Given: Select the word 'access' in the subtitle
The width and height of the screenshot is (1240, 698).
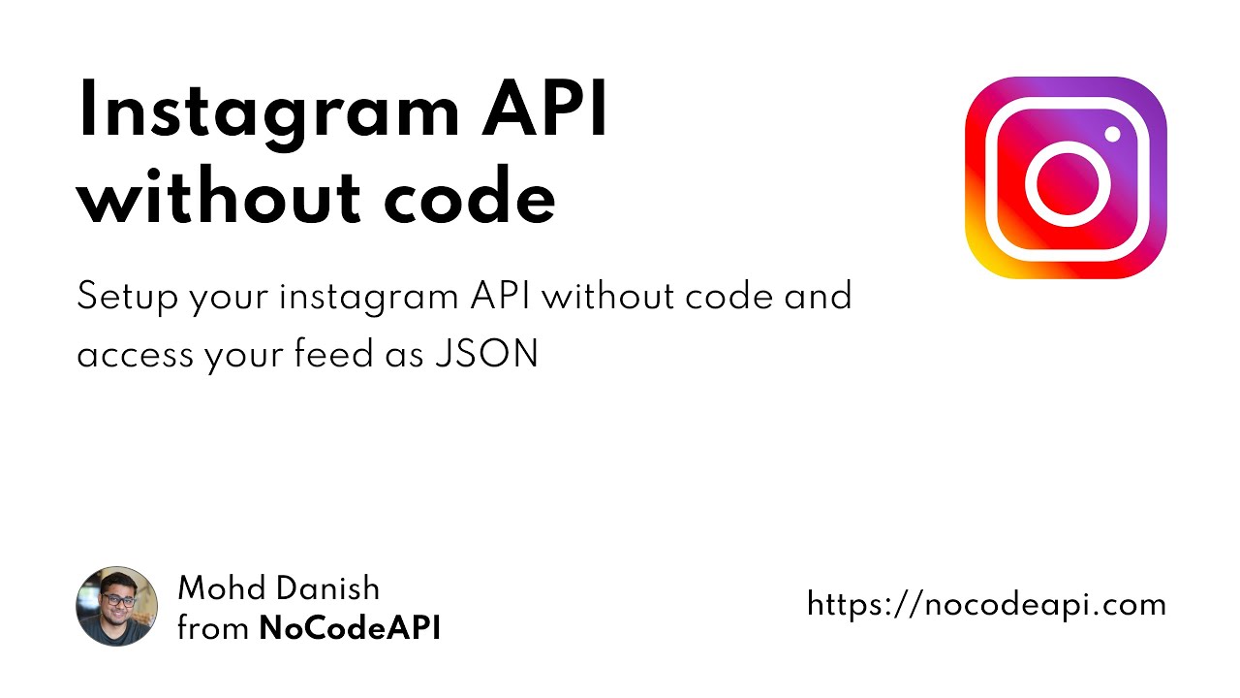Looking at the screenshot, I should pyautogui.click(x=136, y=355).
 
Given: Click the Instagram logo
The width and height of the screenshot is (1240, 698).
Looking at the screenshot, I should pyautogui.click(x=1066, y=178).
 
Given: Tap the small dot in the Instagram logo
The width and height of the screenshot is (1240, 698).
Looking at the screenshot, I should pyautogui.click(x=1111, y=134).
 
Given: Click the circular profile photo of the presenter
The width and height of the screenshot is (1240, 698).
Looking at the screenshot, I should pyautogui.click(x=117, y=606).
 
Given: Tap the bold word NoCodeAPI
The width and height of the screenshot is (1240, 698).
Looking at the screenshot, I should pyautogui.click(x=350, y=628).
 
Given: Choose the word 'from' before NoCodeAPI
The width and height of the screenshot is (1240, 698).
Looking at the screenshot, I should pyautogui.click(x=213, y=628).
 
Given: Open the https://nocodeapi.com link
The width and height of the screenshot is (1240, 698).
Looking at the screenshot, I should pyautogui.click(x=986, y=605).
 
